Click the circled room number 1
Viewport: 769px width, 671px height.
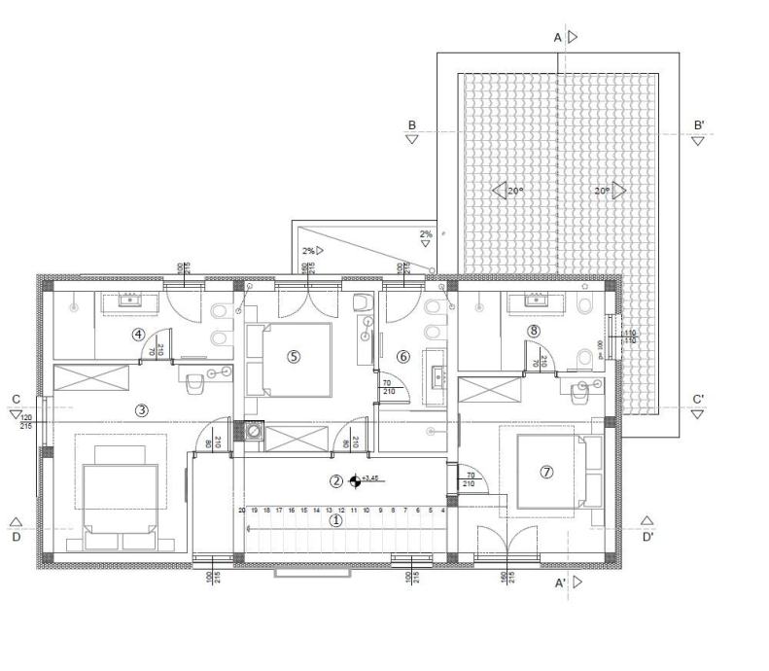coord(336,520)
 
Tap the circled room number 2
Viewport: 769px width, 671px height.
coord(335,480)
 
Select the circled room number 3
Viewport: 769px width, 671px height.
coord(141,409)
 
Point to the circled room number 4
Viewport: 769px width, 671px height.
coord(140,335)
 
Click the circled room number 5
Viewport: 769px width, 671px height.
coord(294,357)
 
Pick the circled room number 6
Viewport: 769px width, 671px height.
coord(403,357)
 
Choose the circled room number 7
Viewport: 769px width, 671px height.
coord(546,472)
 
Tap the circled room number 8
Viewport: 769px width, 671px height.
coord(534,331)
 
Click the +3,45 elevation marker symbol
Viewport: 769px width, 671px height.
coord(355,480)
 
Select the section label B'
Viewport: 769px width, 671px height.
coord(698,125)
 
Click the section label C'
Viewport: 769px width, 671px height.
coord(698,400)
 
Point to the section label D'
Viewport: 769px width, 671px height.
coord(647,536)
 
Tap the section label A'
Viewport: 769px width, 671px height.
coord(560,583)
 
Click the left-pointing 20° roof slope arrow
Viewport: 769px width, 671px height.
coord(499,191)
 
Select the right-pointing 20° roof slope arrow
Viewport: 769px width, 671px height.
coord(618,191)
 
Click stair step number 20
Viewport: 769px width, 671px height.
coord(241,510)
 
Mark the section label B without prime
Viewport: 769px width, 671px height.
coord(412,125)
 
